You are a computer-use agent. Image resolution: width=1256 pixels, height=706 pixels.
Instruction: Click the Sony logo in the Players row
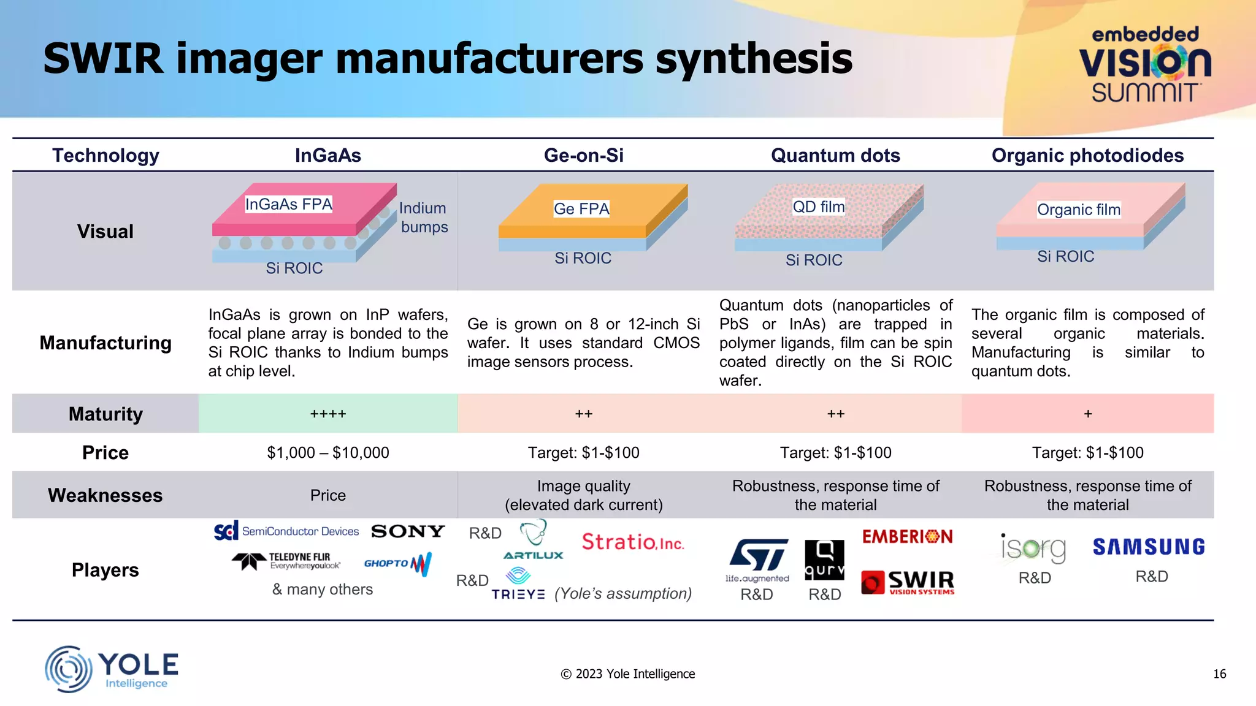(408, 531)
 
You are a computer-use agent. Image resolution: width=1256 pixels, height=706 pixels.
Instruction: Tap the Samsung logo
(1149, 547)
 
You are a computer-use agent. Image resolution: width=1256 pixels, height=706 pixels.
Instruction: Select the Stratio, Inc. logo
(632, 542)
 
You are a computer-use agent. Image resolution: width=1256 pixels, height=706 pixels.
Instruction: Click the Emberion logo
(907, 537)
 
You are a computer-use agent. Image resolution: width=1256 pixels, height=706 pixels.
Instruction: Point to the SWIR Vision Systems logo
(908, 582)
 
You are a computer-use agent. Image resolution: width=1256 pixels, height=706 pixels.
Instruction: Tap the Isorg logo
(1034, 548)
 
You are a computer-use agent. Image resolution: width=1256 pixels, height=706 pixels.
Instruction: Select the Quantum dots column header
(835, 156)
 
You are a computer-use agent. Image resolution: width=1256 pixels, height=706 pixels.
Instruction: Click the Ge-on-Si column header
(583, 156)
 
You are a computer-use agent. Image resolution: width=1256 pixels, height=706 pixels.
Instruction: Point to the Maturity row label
(105, 414)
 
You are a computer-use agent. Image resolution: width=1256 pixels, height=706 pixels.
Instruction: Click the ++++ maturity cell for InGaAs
(328, 414)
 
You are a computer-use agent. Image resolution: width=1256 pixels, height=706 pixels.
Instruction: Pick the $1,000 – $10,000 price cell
(328, 453)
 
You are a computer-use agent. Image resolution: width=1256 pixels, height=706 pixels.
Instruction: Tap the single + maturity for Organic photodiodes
(1087, 414)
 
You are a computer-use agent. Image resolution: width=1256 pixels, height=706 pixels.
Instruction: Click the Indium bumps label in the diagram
(423, 218)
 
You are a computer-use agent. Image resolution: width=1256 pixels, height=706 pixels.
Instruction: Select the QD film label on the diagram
(818, 207)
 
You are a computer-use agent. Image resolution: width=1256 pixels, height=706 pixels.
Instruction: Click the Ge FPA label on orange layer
(581, 209)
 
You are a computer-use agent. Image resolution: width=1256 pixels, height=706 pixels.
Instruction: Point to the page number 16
(1219, 674)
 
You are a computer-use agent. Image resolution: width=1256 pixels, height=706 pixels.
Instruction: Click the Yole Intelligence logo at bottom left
(112, 669)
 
